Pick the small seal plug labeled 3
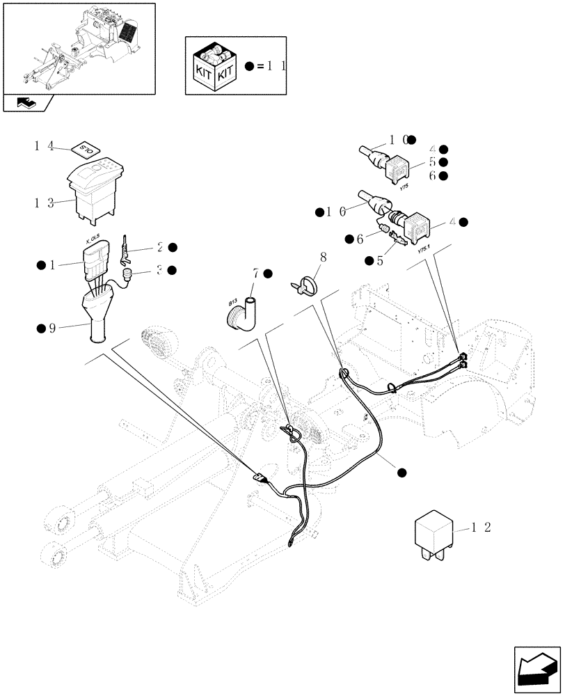click(127, 277)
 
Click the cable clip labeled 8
click(305, 285)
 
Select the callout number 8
click(322, 258)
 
